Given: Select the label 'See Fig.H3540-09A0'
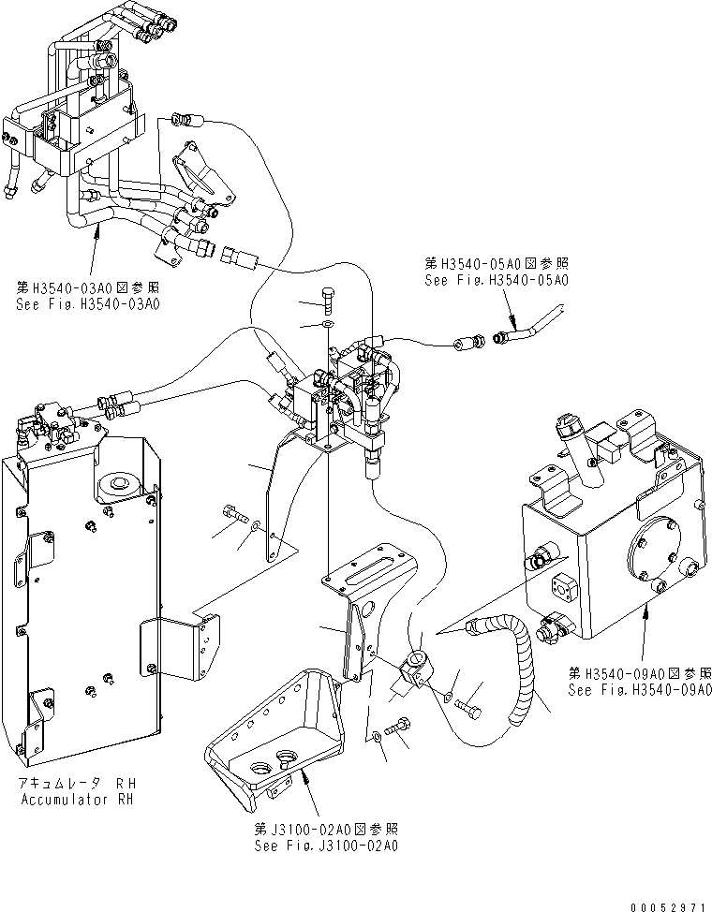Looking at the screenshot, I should [631, 690].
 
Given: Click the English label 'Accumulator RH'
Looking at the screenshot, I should [77, 800].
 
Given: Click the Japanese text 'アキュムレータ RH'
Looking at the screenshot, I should [77, 784].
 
